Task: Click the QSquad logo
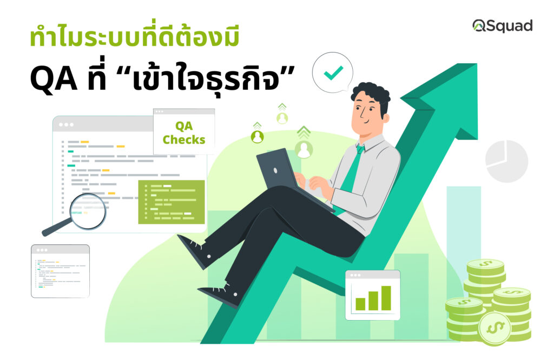click(503, 26)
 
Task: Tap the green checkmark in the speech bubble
click(333, 73)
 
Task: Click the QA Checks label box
click(184, 132)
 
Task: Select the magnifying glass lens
click(88, 211)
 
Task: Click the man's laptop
click(282, 173)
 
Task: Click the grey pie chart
click(506, 161)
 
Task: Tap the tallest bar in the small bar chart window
click(386, 298)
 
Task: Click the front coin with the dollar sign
click(494, 328)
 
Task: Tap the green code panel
click(172, 202)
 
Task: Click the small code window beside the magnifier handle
click(61, 271)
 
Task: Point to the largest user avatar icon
click(304, 149)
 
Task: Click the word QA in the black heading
click(53, 78)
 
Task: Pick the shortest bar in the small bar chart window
click(360, 304)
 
